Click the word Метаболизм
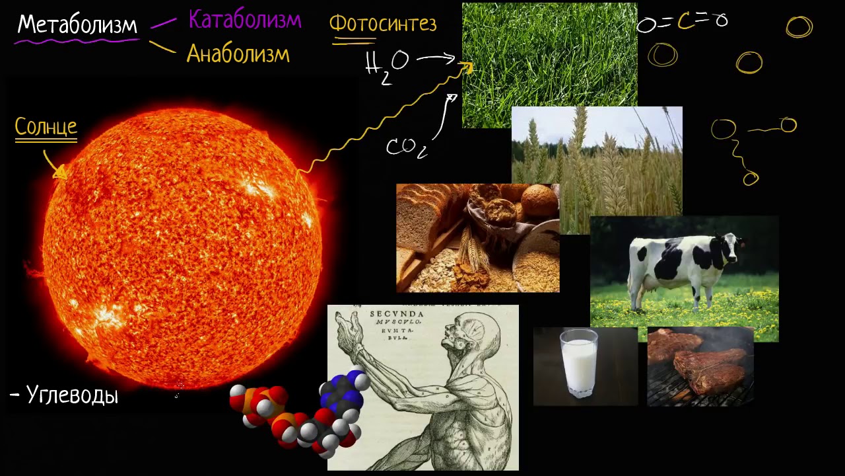pos(77,25)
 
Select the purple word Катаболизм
pos(245,20)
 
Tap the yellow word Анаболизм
pos(238,54)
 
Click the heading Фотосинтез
pos(383,24)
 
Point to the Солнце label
pos(46,127)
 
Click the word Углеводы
pos(71,395)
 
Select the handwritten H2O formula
pos(387,66)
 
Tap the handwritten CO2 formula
pos(406,147)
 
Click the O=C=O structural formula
pos(682,22)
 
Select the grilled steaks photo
pos(700,366)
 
